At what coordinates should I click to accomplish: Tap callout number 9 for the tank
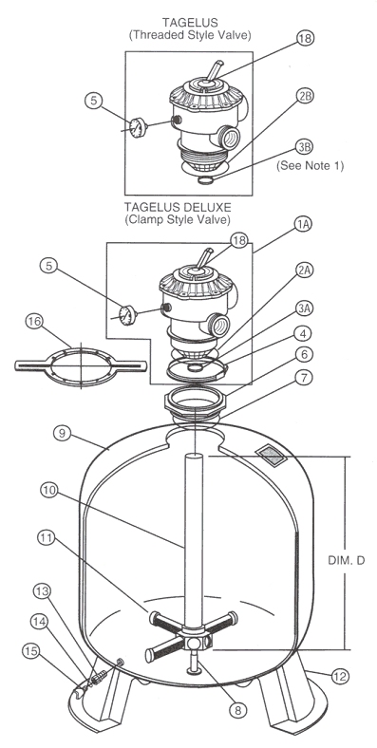(x=63, y=433)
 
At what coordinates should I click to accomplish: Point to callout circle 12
(x=341, y=676)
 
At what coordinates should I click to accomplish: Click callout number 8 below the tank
(x=238, y=710)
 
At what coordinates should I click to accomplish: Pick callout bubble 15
(x=30, y=651)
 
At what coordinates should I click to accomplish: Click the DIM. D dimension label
(x=347, y=560)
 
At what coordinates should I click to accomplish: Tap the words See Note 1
(x=311, y=166)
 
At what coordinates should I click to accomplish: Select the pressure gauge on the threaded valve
(x=138, y=127)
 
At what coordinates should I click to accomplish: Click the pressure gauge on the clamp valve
(x=127, y=315)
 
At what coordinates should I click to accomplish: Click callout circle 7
(x=305, y=378)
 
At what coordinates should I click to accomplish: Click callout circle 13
(x=42, y=592)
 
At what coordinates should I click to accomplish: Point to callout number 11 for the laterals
(x=46, y=538)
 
